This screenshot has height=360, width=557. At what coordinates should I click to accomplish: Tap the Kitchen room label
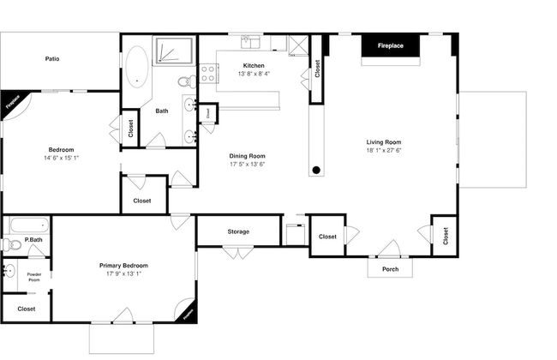click(254, 66)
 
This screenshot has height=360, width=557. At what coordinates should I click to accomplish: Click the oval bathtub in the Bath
click(136, 66)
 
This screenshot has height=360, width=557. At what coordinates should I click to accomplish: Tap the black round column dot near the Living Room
click(316, 170)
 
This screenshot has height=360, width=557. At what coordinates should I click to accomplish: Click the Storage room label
click(238, 231)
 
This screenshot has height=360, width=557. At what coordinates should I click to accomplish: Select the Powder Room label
click(34, 276)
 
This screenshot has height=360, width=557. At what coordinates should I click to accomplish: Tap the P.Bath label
click(34, 240)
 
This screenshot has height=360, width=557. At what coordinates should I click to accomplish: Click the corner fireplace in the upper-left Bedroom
click(11, 100)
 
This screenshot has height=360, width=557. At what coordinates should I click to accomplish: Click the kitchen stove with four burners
click(207, 74)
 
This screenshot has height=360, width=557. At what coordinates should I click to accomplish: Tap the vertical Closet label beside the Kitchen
click(318, 69)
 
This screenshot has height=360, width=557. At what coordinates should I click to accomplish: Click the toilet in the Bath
click(183, 82)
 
